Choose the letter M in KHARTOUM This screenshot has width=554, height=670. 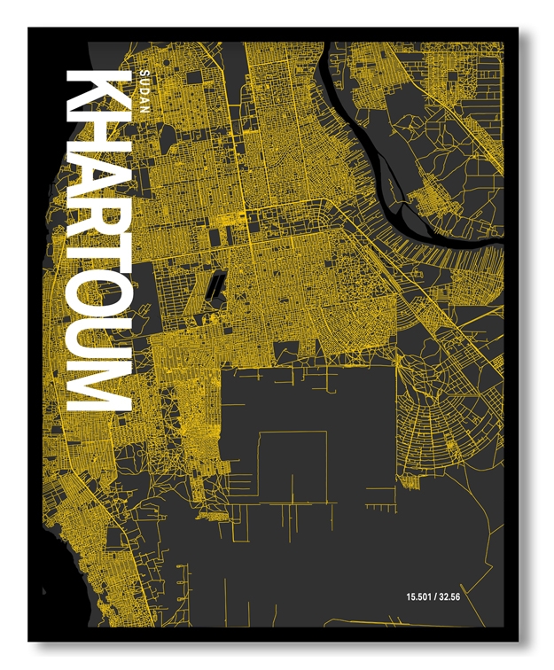pyautogui.click(x=98, y=388)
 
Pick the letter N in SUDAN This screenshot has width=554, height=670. pyautogui.click(x=144, y=107)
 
